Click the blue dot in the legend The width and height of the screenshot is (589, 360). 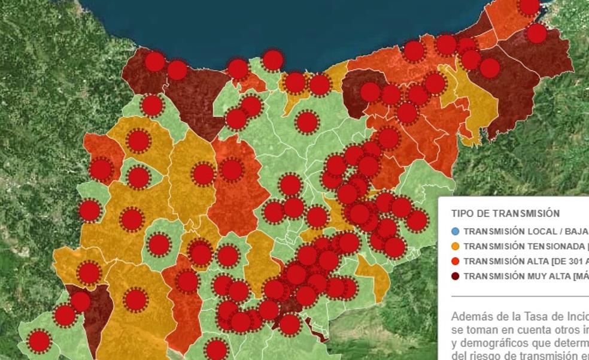tap(456, 231)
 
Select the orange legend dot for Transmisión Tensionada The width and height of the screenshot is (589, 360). tap(456, 246)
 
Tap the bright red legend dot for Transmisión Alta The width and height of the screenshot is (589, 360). tap(456, 261)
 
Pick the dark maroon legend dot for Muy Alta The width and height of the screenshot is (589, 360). tap(456, 276)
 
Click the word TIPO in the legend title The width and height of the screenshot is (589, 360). tap(462, 213)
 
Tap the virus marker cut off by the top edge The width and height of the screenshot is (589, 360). tap(529, 5)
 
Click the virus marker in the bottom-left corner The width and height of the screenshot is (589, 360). tap(39, 341)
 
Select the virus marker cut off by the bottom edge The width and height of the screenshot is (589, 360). tap(216, 350)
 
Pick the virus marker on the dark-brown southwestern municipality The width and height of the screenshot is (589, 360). tap(80, 301)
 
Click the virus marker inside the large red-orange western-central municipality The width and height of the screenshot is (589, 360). tap(231, 170)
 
